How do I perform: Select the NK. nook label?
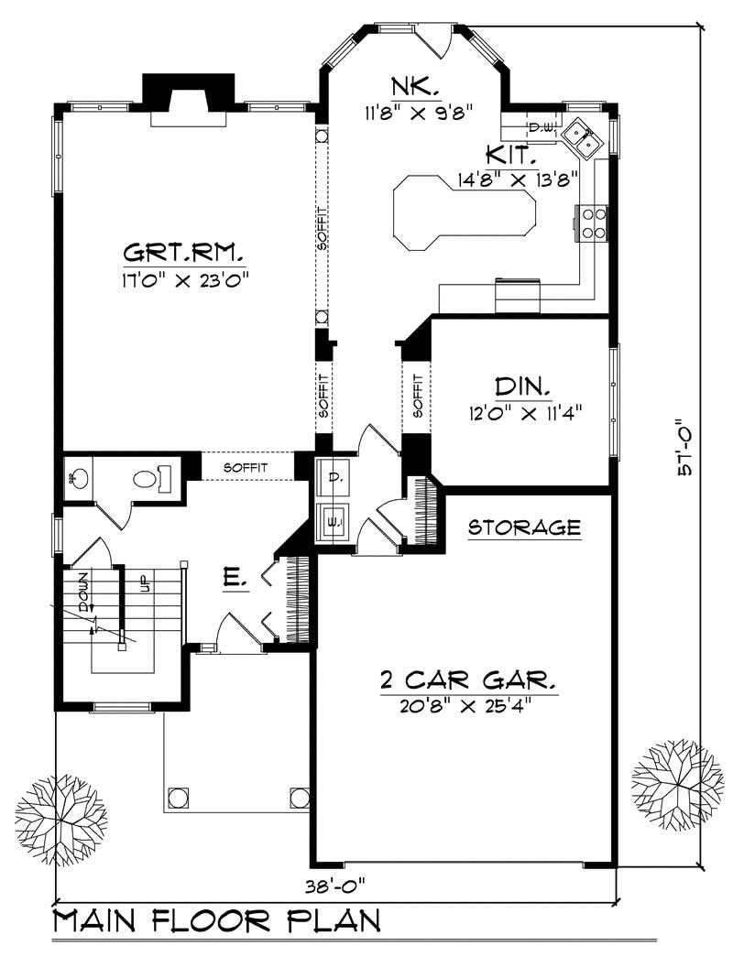[x=416, y=89]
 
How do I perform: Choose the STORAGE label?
[x=524, y=527]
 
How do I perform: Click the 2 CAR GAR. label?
[x=467, y=680]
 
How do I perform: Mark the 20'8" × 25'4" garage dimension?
[x=467, y=706]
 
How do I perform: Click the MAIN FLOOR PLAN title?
[x=216, y=922]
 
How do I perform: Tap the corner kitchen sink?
[x=582, y=137]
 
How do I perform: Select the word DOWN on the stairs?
[x=83, y=593]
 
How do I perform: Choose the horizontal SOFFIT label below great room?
[x=246, y=467]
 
